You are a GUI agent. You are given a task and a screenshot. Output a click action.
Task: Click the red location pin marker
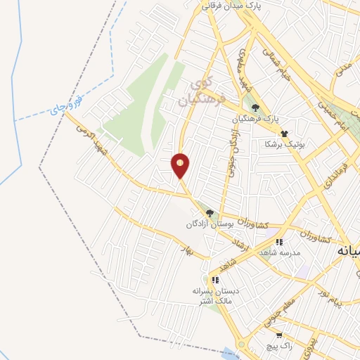pos(180,165)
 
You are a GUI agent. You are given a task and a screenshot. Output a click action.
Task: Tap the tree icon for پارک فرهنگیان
pos(254,108)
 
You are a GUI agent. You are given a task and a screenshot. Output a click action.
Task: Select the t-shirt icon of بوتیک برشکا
pos(284,133)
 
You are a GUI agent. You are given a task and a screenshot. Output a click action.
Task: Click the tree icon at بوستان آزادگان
pos(209,213)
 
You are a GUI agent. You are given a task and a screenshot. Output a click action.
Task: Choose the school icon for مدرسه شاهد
pos(279,242)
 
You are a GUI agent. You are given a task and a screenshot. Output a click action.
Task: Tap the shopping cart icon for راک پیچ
pos(279,335)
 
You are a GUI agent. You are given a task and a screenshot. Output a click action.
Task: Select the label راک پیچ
pos(268,347)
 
